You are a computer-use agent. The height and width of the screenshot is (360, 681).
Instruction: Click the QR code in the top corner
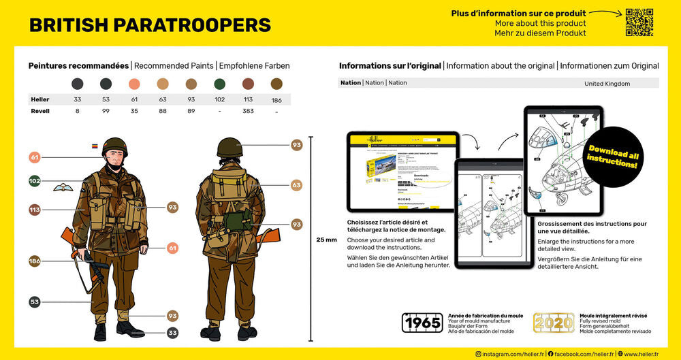(639, 22)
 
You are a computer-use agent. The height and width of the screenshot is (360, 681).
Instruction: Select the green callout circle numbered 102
(35, 181)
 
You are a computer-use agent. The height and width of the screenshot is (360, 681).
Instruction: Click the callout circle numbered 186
(35, 261)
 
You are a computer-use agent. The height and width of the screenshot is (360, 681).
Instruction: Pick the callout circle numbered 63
(296, 185)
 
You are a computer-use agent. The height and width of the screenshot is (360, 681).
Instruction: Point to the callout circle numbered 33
(173, 333)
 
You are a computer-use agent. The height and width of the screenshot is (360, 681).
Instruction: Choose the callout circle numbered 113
(35, 210)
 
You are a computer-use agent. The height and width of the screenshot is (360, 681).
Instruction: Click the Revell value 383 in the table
(249, 111)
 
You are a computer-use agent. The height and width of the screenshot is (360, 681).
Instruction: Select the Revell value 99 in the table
(106, 111)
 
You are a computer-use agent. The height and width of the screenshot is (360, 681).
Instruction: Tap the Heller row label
(40, 99)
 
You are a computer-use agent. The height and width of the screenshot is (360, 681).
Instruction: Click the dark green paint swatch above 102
(220, 84)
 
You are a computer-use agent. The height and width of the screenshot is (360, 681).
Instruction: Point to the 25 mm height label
(326, 240)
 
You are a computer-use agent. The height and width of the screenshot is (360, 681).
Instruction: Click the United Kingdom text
(607, 83)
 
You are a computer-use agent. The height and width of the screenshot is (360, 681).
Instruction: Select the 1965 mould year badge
(422, 323)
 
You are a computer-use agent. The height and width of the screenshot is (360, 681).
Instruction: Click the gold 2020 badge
(553, 323)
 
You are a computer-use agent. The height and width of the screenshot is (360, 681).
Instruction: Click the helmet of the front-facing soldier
(114, 146)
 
